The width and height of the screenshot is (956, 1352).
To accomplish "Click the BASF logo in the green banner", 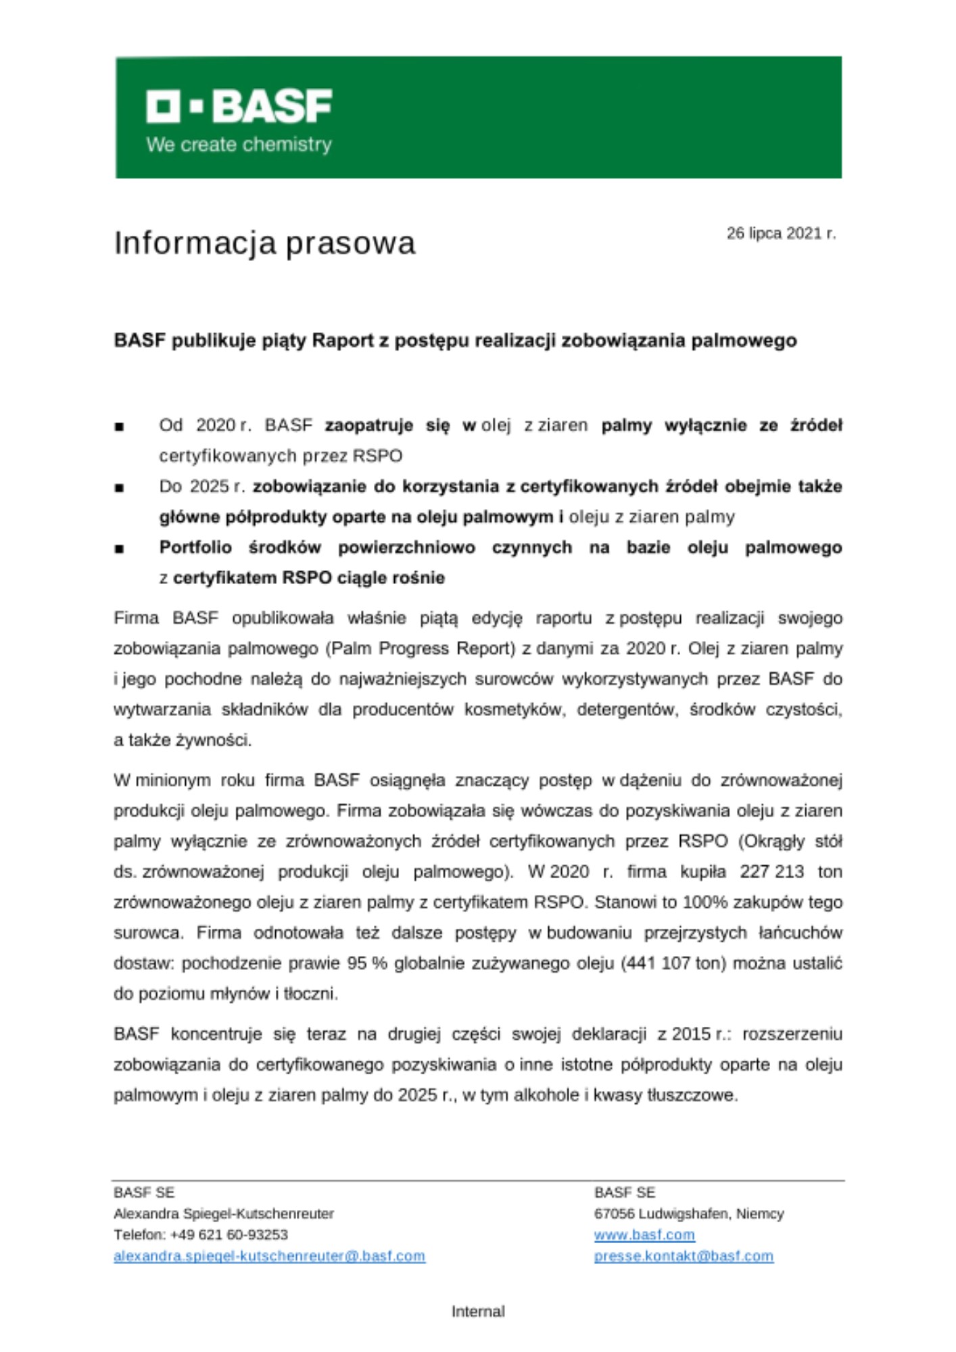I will coord(239,106).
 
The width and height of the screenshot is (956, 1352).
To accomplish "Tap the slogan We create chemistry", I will coord(239,145).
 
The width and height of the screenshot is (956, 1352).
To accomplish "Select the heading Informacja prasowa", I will coord(264,243).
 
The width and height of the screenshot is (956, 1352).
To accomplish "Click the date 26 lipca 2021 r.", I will coord(781,234).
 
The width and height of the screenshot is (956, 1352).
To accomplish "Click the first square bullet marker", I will coord(120,427).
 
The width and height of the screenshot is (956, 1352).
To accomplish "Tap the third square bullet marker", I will coord(120,548).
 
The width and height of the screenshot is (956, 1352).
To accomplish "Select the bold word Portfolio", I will coord(195,548).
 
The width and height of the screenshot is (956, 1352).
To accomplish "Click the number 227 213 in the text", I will coord(771,872).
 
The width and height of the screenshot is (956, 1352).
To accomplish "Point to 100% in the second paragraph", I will coord(705,902).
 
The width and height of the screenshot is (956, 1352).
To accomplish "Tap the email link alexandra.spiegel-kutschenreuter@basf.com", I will coord(269,1256).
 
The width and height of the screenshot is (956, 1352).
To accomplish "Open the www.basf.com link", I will coord(644,1235).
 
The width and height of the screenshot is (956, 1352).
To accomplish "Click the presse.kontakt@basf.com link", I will coord(684,1256).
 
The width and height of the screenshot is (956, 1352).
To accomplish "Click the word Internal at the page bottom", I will coord(478,1311).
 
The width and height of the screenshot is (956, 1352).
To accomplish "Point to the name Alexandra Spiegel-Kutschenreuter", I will coord(224,1214).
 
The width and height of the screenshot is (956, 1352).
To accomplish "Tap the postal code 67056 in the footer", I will coord(614,1214).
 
